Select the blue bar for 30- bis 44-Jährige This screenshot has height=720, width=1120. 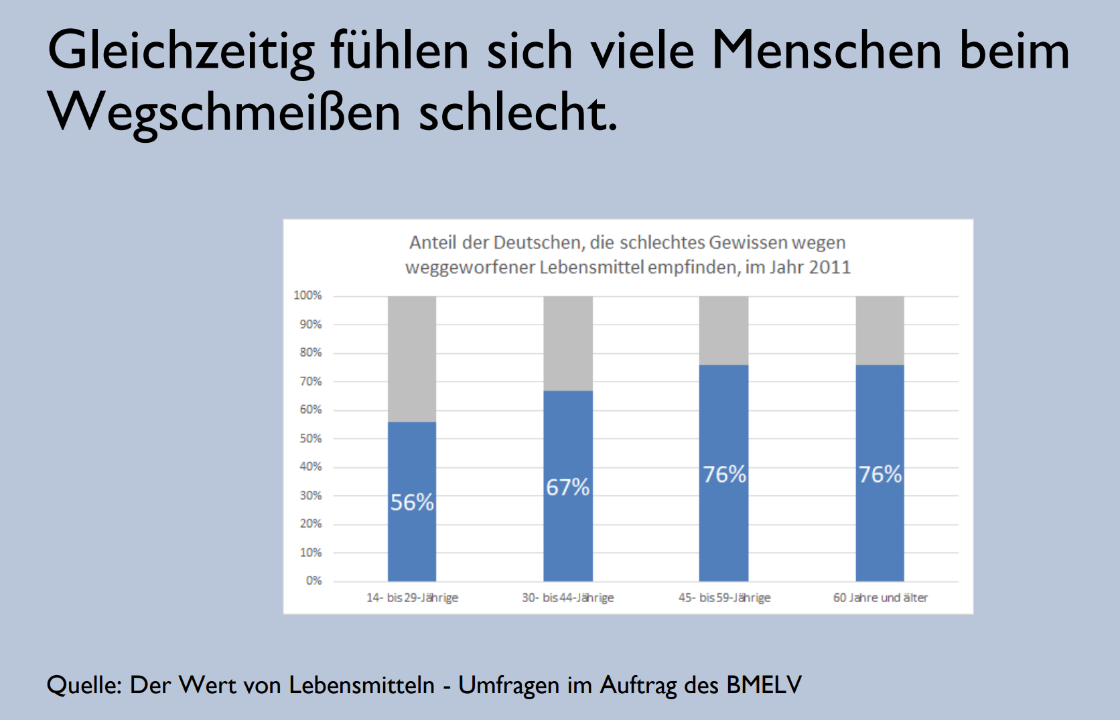point(568,536)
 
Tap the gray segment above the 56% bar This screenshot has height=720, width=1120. point(412,359)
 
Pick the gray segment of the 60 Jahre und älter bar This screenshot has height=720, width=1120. point(880,330)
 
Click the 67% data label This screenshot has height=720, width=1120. point(567,487)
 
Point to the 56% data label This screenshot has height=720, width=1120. point(412,502)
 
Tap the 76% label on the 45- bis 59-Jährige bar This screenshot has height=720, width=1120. point(724,475)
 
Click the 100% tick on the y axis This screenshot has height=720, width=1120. point(307,296)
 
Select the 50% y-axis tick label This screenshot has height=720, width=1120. point(311,438)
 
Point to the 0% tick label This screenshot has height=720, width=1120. point(313,581)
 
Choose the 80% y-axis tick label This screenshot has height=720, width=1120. point(311,353)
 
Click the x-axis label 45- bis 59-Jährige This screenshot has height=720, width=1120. point(724,597)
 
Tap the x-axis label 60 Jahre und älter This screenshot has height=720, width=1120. point(880,597)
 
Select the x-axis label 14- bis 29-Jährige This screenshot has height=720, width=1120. point(412,597)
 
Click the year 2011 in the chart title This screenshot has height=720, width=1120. point(829,267)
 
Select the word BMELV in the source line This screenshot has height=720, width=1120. point(764,685)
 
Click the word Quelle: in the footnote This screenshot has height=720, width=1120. point(84,685)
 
